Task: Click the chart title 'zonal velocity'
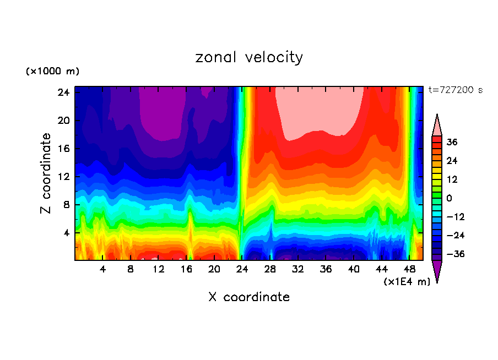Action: (x=249, y=57)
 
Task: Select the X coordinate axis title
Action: (x=249, y=297)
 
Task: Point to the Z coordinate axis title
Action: (x=46, y=173)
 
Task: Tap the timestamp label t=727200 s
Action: (x=455, y=90)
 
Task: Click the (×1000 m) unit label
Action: (x=52, y=72)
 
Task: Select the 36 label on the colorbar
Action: (x=452, y=142)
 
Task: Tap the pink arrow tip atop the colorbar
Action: (x=437, y=124)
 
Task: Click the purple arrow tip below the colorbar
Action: (x=437, y=271)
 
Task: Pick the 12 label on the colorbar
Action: (x=452, y=179)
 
